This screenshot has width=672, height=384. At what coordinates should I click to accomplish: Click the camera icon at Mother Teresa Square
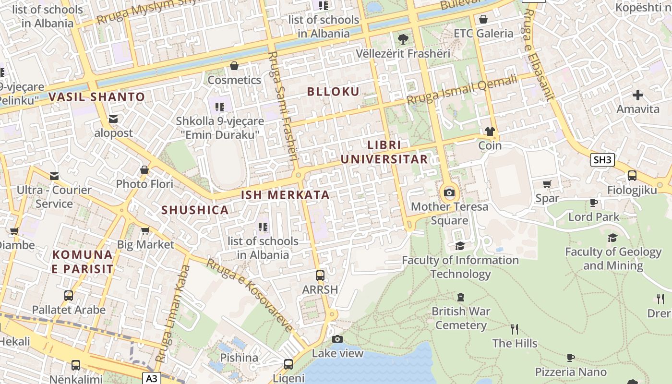click(x=449, y=193)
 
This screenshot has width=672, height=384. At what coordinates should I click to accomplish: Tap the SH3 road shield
click(x=602, y=160)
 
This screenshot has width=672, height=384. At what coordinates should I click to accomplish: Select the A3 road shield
click(x=151, y=378)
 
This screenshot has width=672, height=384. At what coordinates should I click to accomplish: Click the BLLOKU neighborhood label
click(x=333, y=92)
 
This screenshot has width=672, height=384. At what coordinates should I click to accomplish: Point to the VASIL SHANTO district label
click(x=96, y=97)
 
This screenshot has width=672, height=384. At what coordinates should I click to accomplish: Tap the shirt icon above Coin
click(x=490, y=131)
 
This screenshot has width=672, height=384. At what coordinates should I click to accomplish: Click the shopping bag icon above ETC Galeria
click(x=483, y=19)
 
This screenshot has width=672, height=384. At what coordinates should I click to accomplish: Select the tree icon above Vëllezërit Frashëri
click(x=403, y=39)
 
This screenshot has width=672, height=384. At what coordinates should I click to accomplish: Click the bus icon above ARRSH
click(x=320, y=276)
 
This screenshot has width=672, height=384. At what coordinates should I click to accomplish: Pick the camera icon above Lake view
click(x=337, y=339)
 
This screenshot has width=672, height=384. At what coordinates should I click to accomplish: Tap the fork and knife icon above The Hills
click(x=515, y=329)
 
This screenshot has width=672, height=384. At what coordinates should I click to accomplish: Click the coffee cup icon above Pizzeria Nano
click(x=570, y=358)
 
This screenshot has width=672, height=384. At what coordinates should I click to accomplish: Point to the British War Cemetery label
click(x=461, y=318)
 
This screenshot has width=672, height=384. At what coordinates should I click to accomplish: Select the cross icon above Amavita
click(x=638, y=95)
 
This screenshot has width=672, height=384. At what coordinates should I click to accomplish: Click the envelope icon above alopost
click(x=113, y=119)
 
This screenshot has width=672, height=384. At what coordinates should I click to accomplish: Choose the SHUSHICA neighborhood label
click(x=195, y=210)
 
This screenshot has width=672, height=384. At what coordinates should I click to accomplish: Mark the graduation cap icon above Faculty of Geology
click(x=612, y=238)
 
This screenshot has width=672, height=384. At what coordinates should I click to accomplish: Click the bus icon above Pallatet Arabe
click(x=69, y=296)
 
